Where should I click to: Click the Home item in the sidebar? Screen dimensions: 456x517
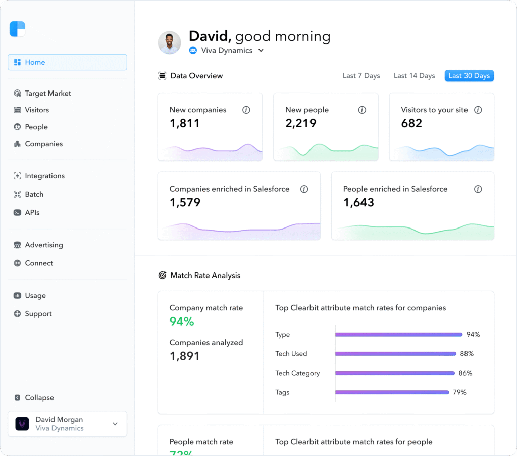(67, 62)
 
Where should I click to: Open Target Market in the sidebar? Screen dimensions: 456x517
(47, 94)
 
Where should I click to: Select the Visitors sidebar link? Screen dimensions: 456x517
(37, 110)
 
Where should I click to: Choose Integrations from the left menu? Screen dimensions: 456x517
(44, 176)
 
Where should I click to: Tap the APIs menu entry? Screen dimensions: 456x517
(32, 212)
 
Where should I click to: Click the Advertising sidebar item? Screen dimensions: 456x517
(43, 245)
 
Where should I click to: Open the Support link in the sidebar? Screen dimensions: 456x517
(38, 314)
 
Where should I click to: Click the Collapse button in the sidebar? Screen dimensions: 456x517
(39, 398)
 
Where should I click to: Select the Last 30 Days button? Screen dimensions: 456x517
(469, 76)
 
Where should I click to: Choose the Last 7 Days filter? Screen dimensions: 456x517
(361, 76)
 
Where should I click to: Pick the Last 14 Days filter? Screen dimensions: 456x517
(414, 76)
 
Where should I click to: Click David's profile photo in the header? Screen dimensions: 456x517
(170, 43)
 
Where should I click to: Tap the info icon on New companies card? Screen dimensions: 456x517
(246, 110)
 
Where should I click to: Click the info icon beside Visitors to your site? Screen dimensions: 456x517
(478, 110)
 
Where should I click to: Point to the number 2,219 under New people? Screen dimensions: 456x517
(301, 123)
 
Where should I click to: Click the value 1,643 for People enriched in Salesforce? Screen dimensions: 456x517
(358, 203)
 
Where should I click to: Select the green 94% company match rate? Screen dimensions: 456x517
(182, 322)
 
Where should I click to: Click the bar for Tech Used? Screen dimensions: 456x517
(396, 354)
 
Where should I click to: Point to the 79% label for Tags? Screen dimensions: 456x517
(459, 392)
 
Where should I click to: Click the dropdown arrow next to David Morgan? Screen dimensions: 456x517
(115, 424)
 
